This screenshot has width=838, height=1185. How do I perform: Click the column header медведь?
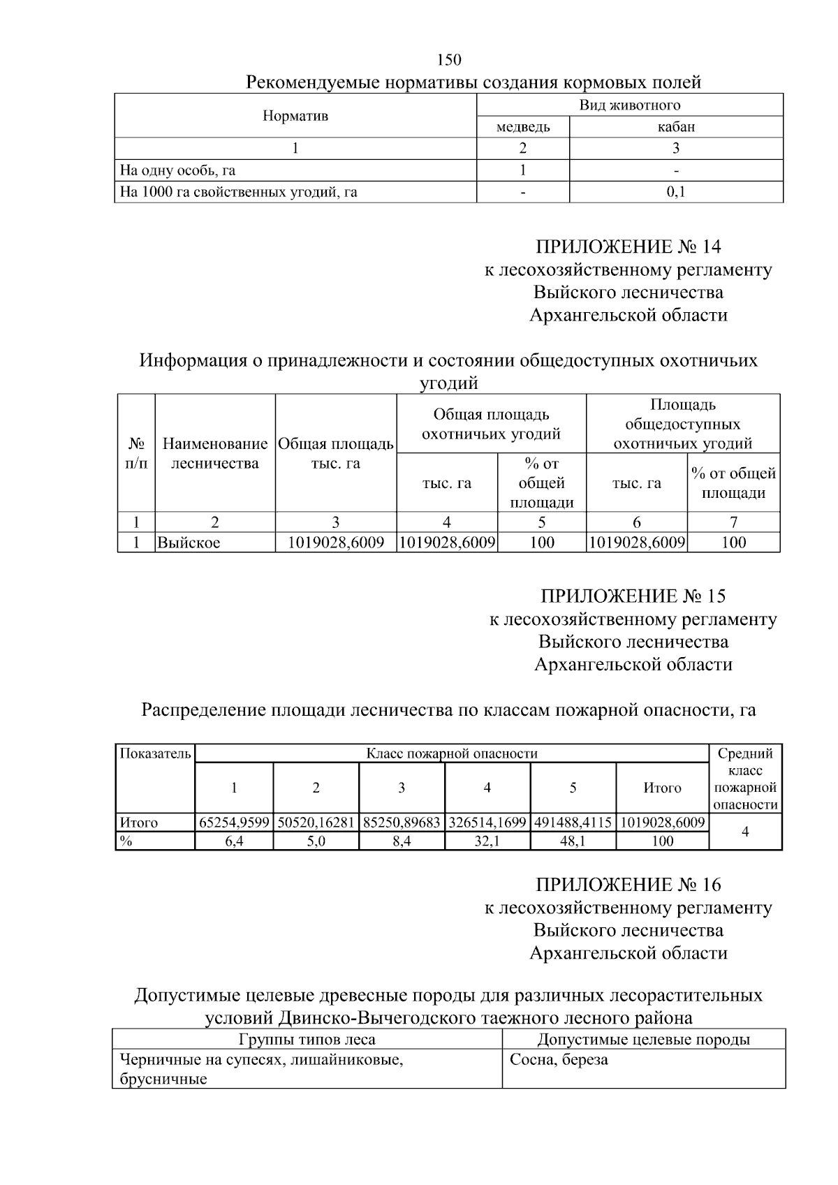click(522, 127)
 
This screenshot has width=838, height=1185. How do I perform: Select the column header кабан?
click(675, 127)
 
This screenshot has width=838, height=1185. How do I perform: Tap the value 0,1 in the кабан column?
click(675, 192)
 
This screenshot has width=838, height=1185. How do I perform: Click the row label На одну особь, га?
click(177, 170)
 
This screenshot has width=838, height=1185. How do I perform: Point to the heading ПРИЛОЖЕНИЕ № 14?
click(628, 247)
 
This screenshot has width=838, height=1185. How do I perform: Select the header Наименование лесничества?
click(214, 453)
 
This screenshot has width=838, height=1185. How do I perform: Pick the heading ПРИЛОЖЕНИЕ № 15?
click(633, 596)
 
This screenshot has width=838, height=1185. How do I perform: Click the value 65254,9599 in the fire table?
click(234, 823)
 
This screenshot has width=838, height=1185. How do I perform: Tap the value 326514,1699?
click(487, 823)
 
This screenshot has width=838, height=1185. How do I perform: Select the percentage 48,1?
click(573, 841)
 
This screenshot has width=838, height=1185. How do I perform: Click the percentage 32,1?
click(487, 841)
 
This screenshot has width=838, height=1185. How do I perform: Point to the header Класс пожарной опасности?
click(452, 753)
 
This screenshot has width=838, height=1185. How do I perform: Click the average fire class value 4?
click(745, 832)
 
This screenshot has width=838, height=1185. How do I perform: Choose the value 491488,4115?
click(573, 823)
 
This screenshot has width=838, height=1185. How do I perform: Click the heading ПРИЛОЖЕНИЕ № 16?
click(628, 885)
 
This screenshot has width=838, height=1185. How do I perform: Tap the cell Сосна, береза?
click(559, 1060)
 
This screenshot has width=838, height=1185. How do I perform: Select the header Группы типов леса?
click(307, 1040)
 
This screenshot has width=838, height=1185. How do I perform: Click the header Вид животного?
click(629, 105)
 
